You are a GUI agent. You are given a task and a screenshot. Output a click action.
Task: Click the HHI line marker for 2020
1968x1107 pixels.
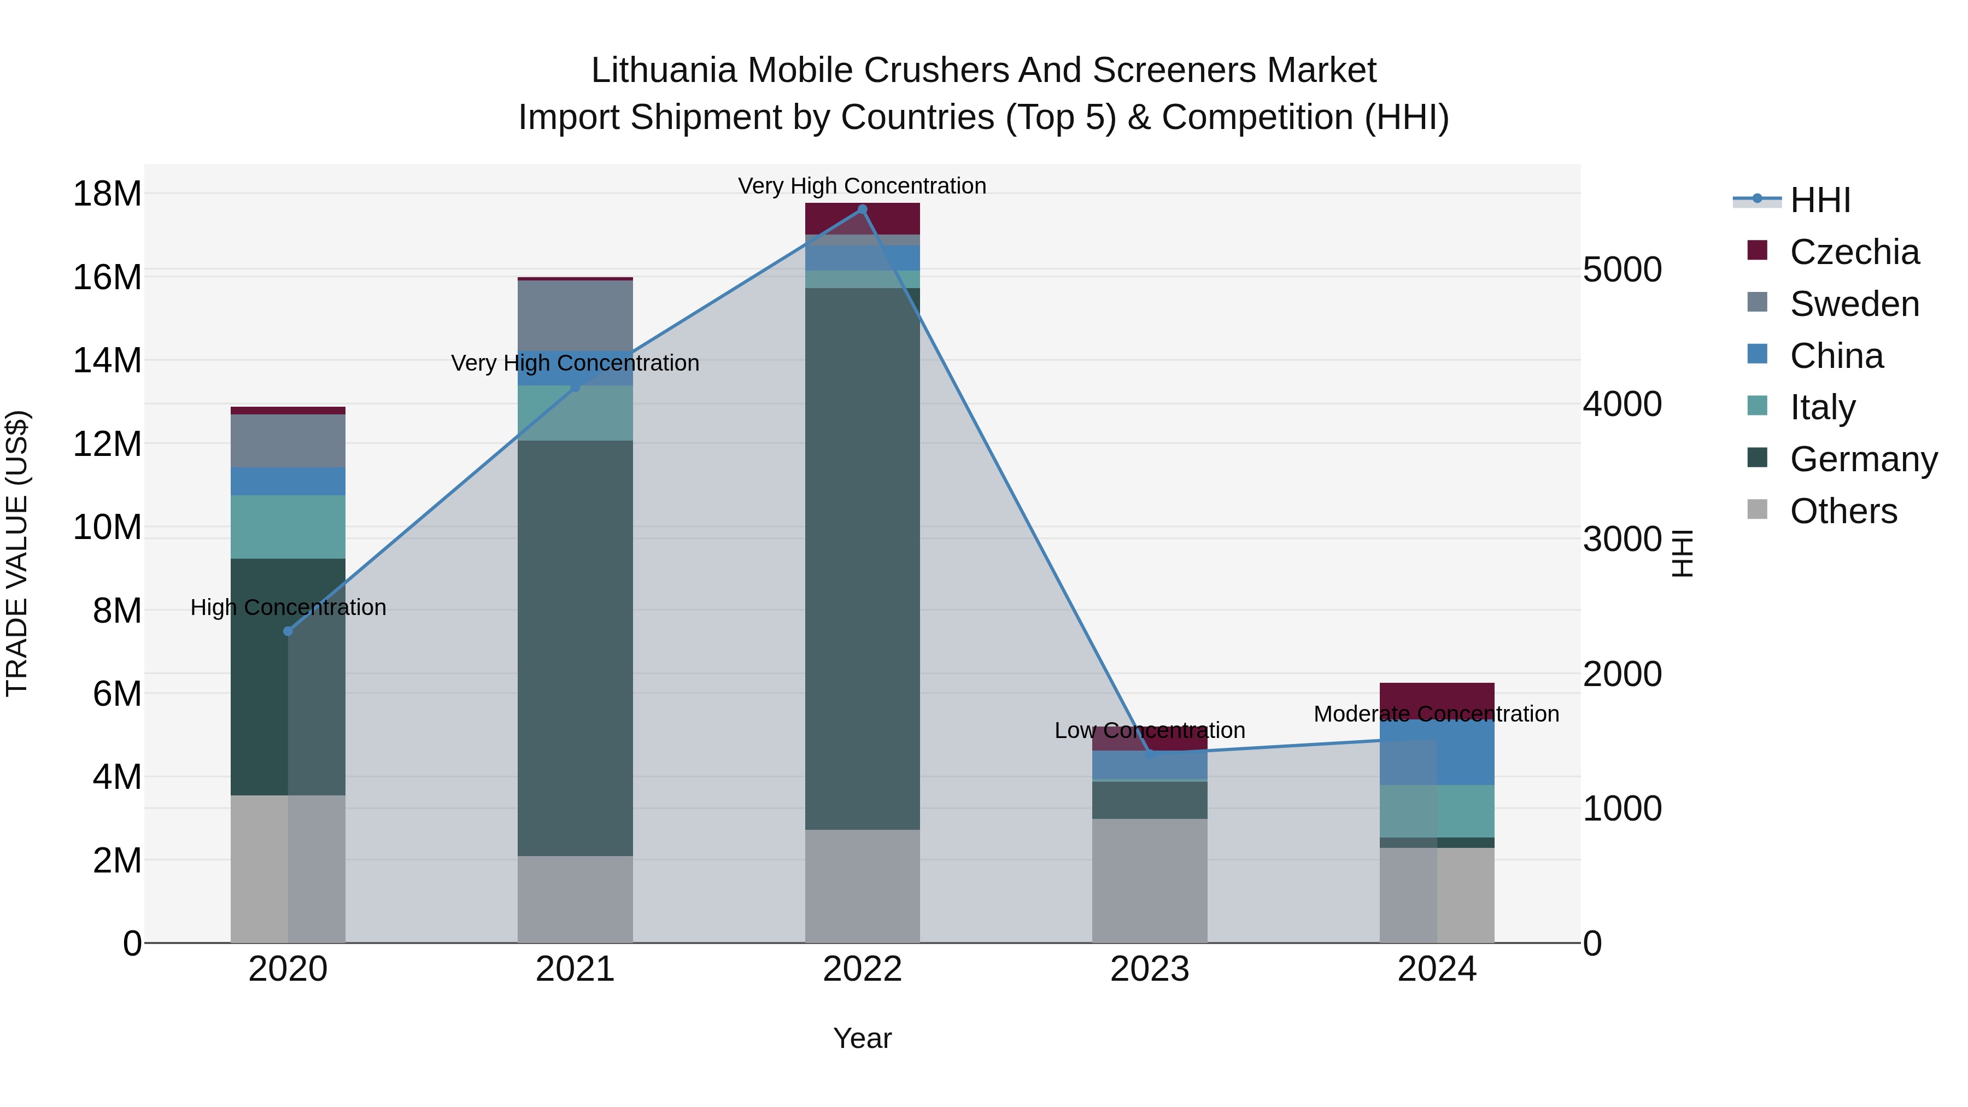(x=288, y=631)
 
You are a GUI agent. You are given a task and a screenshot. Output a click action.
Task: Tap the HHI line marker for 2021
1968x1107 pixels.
(x=575, y=388)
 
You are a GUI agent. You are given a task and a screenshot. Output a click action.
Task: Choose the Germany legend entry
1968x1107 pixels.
(x=1862, y=459)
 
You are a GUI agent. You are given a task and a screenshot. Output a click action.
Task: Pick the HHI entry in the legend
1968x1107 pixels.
(x=1820, y=200)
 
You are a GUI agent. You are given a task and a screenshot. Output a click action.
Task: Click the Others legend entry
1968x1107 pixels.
(x=1843, y=511)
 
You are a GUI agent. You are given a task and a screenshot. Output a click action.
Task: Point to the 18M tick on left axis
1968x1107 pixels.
(x=107, y=194)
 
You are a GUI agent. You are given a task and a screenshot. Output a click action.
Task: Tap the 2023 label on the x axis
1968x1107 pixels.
(x=1149, y=969)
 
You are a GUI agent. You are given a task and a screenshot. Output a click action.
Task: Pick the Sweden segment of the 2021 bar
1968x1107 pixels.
(x=575, y=315)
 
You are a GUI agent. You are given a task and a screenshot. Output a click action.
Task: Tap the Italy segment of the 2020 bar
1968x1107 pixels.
(x=288, y=527)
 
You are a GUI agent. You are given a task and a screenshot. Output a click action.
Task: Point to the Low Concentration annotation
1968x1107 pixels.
(x=1149, y=730)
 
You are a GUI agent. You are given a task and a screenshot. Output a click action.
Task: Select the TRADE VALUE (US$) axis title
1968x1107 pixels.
(x=17, y=553)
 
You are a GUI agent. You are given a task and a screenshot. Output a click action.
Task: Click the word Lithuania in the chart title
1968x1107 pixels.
(x=665, y=71)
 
